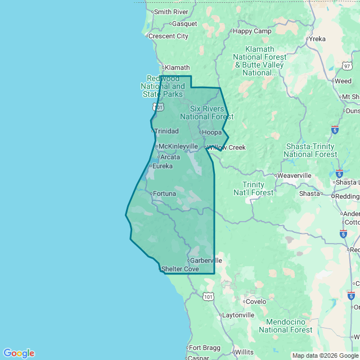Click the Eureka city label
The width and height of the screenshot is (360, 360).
(163, 166)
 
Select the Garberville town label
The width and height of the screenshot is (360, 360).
(206, 260)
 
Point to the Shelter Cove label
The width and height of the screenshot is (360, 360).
(180, 269)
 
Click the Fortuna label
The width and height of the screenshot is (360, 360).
(164, 193)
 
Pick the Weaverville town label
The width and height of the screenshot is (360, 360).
(294, 175)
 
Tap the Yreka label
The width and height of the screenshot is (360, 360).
(317, 39)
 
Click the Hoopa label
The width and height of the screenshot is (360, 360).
(212, 132)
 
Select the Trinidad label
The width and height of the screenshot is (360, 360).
(166, 131)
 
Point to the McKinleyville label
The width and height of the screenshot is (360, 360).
(178, 146)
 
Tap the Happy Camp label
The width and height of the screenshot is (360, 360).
(251, 31)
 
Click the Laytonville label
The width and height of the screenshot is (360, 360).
(238, 315)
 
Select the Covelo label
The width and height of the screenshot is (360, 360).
(256, 301)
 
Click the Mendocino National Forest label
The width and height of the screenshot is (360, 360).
(289, 326)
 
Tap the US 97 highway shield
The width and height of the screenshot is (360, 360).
(347, 66)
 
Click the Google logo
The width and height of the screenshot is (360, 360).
(19, 353)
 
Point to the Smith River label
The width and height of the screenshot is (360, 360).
(171, 12)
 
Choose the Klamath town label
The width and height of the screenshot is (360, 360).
(177, 67)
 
